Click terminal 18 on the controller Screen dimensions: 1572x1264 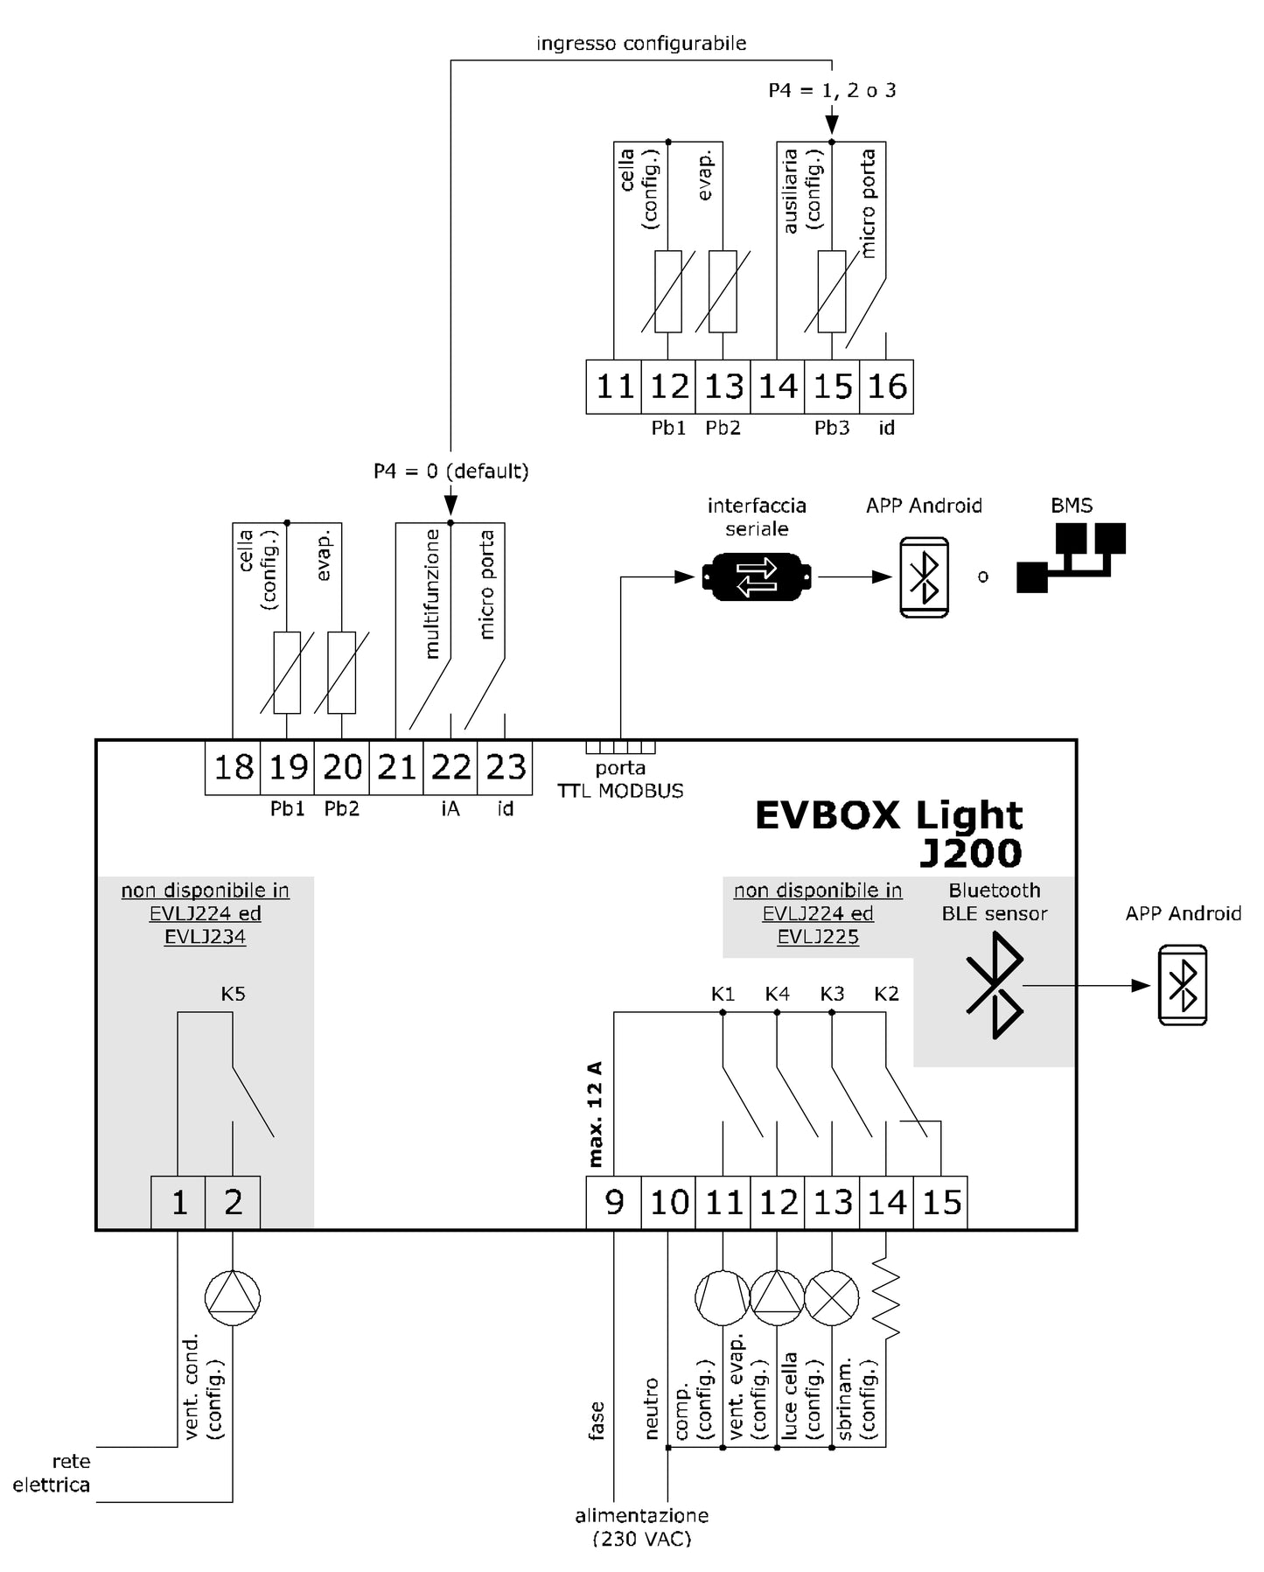point(234,768)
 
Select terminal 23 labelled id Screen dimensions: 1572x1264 point(506,768)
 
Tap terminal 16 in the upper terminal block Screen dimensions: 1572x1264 point(887,387)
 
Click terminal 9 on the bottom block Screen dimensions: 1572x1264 point(614,1203)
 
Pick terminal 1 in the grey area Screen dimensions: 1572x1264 point(178,1203)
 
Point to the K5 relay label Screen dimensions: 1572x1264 point(233,994)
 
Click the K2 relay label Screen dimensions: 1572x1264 point(886,994)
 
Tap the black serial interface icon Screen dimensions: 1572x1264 point(757,577)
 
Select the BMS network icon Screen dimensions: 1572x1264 point(1071,557)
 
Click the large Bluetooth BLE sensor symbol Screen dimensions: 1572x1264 point(995,985)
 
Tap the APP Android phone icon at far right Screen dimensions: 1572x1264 point(1182,985)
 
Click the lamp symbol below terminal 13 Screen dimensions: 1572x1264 point(831,1297)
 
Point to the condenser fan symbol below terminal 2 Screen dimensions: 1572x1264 point(233,1297)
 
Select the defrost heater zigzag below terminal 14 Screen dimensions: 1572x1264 point(886,1297)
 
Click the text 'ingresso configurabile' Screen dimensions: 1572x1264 point(641,43)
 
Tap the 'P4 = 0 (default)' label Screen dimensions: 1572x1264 point(450,472)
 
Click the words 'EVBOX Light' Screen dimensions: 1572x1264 point(888,815)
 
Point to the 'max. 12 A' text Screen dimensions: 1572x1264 point(596,1114)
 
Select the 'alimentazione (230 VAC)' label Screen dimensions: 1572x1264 point(641,1527)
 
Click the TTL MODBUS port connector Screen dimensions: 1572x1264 point(620,747)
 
